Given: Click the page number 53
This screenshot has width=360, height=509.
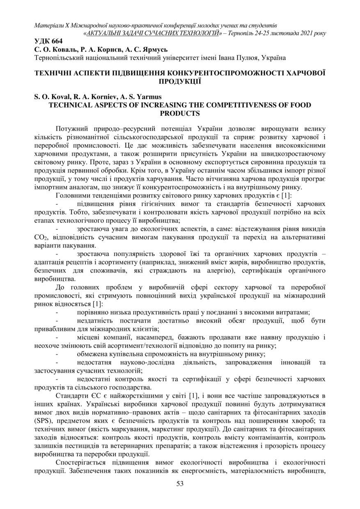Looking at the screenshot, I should point(180,484).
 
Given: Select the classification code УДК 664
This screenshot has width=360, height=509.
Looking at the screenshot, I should point(45,41).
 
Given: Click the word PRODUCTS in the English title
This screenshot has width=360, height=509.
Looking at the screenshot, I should point(180,113).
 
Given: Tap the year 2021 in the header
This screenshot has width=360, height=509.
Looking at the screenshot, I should point(306,33).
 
